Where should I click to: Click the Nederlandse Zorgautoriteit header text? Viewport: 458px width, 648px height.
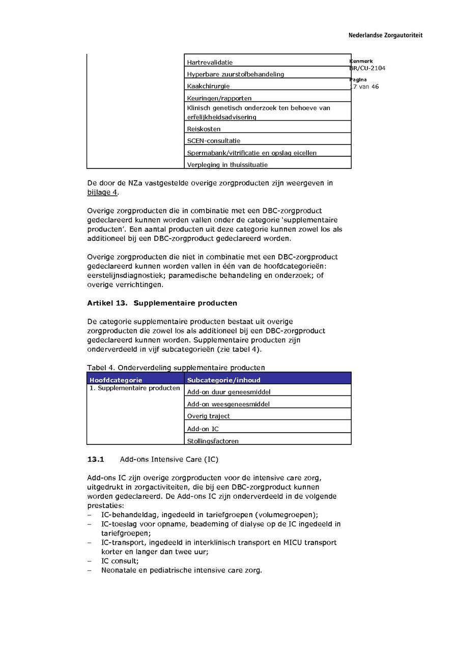[385, 36]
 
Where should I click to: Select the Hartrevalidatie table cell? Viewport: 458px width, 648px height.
[210, 62]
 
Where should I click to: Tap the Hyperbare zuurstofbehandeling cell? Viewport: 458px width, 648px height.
[235, 74]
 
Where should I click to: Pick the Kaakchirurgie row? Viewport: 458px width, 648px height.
[208, 86]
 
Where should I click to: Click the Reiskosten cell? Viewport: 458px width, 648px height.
[204, 129]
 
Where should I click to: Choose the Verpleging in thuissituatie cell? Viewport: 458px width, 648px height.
[227, 164]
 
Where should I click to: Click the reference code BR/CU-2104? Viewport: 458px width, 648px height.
[367, 68]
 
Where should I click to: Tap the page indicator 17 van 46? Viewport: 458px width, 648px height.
[364, 87]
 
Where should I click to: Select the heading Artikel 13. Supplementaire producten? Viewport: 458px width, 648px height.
[162, 303]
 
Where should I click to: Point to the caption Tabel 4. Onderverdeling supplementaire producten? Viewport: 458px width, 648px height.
[176, 368]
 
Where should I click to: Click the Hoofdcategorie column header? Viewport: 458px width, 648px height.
[116, 380]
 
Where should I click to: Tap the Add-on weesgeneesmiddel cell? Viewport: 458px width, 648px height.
[228, 404]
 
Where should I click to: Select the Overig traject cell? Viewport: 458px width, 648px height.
[208, 416]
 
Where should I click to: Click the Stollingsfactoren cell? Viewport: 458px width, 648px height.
[213, 441]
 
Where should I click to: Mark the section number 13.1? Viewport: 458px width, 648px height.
[96, 459]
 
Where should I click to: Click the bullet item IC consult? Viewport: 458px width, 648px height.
[120, 561]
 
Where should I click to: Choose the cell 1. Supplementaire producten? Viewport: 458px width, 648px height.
[135, 388]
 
